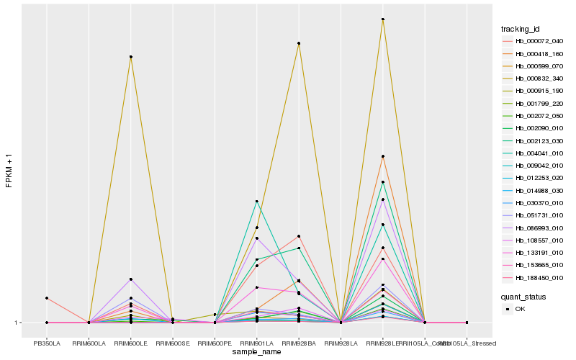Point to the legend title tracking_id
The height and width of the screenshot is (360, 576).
click(x=521, y=29)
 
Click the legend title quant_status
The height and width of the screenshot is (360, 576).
click(x=523, y=296)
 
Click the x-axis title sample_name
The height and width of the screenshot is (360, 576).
click(x=256, y=352)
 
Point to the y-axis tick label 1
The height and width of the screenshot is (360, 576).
click(x=17, y=323)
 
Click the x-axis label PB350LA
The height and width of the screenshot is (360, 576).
click(x=47, y=343)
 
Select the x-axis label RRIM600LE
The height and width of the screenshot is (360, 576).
click(x=130, y=343)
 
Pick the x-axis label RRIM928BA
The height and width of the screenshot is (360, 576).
click(x=298, y=343)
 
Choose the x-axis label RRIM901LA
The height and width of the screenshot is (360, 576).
click(x=256, y=343)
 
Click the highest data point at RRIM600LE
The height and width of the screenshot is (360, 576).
click(x=130, y=57)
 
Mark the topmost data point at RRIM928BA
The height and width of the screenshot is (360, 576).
click(x=298, y=44)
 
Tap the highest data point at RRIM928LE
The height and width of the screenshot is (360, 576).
click(x=382, y=19)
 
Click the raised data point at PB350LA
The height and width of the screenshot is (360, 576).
click(x=47, y=298)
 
